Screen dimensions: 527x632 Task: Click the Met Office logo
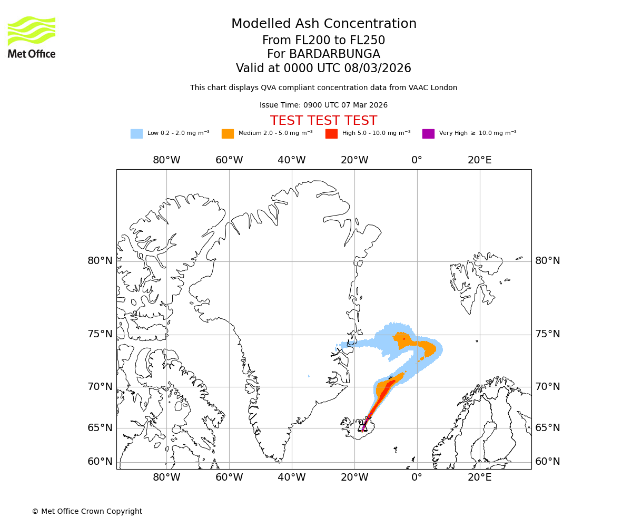pyautogui.click(x=32, y=37)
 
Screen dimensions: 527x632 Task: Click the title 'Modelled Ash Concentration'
pyautogui.click(x=324, y=24)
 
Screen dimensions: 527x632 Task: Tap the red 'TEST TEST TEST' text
pyautogui.click(x=323, y=121)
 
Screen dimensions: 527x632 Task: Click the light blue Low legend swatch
pyautogui.click(x=136, y=134)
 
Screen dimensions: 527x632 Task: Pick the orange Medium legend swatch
pyautogui.click(x=228, y=134)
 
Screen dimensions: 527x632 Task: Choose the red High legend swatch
pyautogui.click(x=331, y=134)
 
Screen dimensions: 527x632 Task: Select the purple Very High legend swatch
pyautogui.click(x=428, y=134)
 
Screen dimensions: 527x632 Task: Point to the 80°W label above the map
pyautogui.click(x=166, y=160)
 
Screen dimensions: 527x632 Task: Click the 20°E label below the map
pyautogui.click(x=480, y=478)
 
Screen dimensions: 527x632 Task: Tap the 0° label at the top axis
pyautogui.click(x=417, y=160)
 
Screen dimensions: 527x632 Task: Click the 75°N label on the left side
pyautogui.click(x=100, y=334)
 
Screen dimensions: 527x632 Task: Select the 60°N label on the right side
pyautogui.click(x=548, y=462)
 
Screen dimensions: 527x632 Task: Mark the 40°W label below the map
pyautogui.click(x=292, y=478)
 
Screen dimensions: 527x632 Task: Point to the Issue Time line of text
pyautogui.click(x=323, y=105)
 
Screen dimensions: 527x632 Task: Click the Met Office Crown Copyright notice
pyautogui.click(x=87, y=511)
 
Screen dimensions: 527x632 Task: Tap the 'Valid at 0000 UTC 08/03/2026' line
pyautogui.click(x=323, y=69)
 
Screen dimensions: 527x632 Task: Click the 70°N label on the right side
pyautogui.click(x=548, y=387)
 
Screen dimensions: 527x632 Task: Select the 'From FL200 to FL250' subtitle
pyautogui.click(x=323, y=41)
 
